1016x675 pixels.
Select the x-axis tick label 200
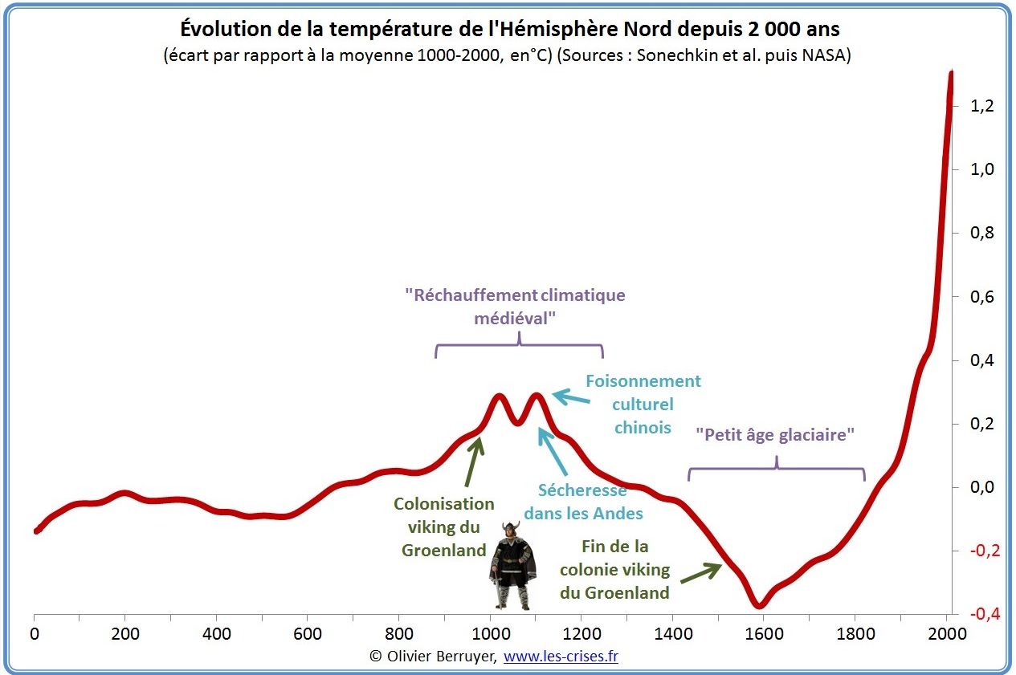(x=125, y=634)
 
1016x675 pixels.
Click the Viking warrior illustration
(x=512, y=565)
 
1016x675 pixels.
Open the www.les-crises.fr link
(x=561, y=657)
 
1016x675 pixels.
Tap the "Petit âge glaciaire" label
(x=775, y=435)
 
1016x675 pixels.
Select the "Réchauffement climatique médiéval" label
(x=515, y=306)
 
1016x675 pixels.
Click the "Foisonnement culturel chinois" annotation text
(x=643, y=404)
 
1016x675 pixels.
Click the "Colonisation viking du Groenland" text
(x=443, y=527)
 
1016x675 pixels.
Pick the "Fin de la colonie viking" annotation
(x=615, y=570)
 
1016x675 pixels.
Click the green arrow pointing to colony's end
(x=700, y=572)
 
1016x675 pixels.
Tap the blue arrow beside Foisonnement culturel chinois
(x=571, y=396)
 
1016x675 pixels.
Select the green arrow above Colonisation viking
(x=473, y=460)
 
